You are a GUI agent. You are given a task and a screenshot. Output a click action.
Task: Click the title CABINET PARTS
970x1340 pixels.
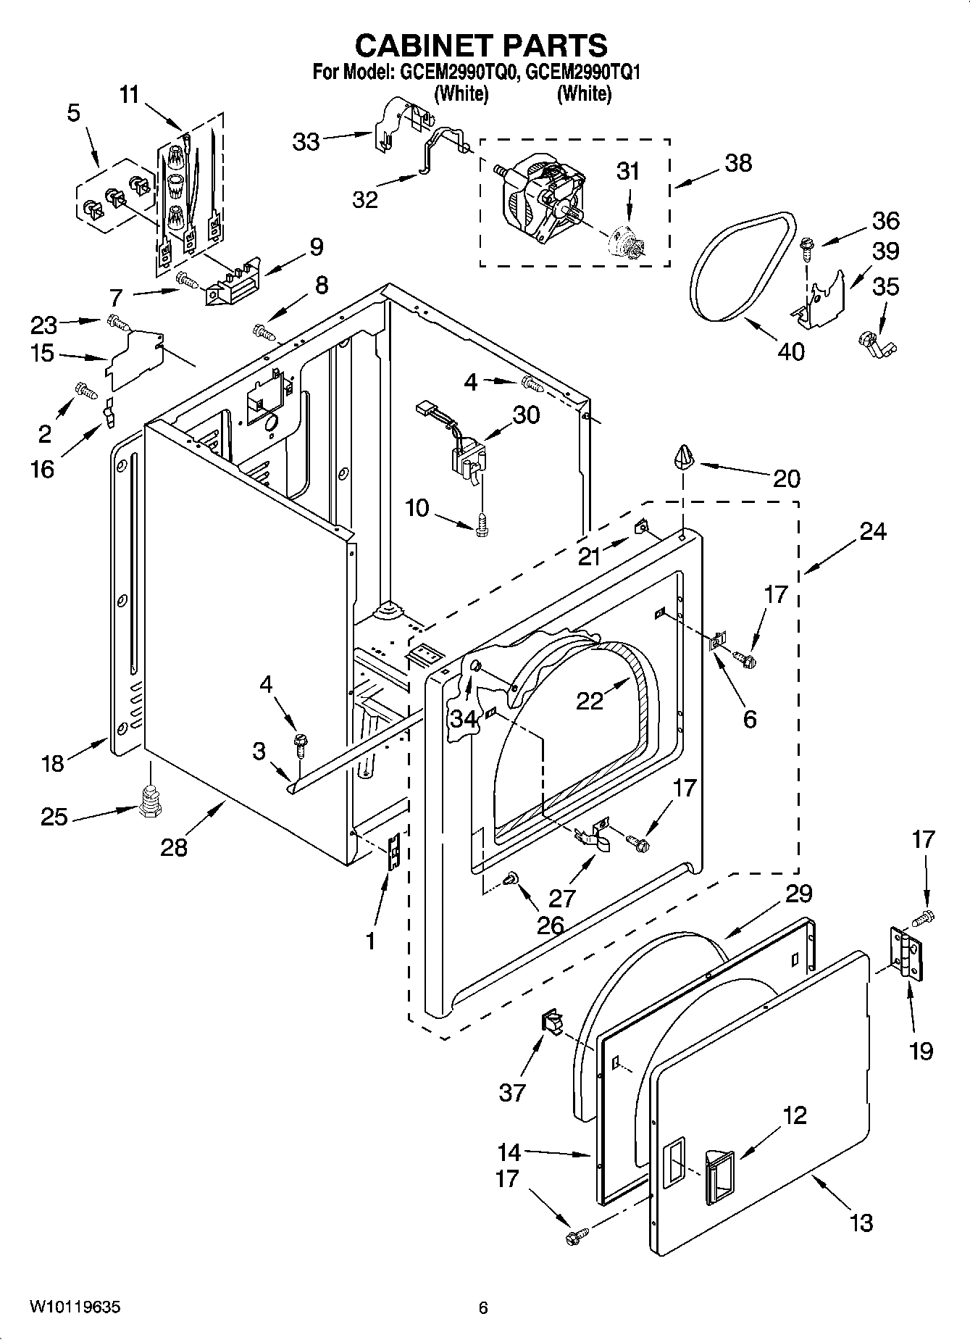[481, 45]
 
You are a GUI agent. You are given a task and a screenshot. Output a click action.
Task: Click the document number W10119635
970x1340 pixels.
[75, 1307]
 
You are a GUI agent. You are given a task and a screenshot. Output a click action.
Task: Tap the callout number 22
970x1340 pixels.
[590, 700]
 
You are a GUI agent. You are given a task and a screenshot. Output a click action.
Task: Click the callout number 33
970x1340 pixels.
[306, 141]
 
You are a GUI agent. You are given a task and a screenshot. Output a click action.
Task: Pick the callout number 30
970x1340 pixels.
[526, 415]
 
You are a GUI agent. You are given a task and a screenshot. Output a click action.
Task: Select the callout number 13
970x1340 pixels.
[861, 1223]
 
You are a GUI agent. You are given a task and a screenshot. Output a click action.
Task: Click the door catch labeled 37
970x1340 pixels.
[552, 1024]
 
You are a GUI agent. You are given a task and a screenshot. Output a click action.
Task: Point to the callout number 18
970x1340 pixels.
[52, 762]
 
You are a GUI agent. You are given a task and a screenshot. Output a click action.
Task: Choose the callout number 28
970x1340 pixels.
[174, 846]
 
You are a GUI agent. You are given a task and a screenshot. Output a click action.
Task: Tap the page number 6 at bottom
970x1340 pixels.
[483, 1307]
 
